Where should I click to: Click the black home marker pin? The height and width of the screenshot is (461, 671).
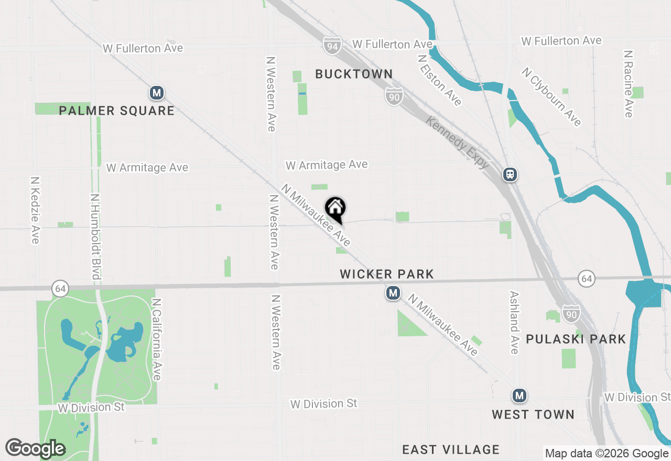[x=335, y=210]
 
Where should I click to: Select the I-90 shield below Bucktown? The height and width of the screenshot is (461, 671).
[x=394, y=96]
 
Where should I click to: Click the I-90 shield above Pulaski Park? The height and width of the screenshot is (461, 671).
[x=571, y=313]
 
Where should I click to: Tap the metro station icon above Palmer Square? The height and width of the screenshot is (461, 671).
[x=156, y=93]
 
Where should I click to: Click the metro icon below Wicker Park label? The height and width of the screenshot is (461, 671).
[x=393, y=293]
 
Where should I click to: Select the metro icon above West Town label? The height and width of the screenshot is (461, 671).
[x=519, y=396]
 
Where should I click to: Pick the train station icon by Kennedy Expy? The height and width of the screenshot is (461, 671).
[x=510, y=174]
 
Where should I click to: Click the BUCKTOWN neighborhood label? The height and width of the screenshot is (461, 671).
[x=354, y=74]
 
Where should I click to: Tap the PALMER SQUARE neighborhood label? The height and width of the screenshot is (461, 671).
[x=116, y=111]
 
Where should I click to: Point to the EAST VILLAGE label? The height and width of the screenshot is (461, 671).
[x=451, y=449]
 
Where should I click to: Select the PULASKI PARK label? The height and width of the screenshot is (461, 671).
[x=576, y=339]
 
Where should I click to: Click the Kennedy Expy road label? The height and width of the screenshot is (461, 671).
[x=458, y=142]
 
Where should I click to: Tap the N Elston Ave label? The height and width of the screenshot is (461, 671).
[x=440, y=80]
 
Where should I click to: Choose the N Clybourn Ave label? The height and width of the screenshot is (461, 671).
[x=551, y=96]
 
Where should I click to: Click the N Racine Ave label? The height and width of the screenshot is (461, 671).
[x=628, y=84]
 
